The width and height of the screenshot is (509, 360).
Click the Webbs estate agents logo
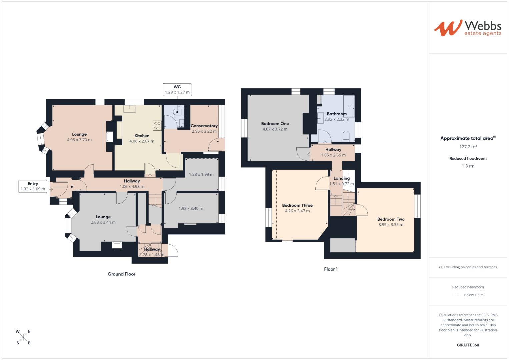point(467,28)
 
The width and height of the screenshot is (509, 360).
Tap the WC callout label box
point(177,90)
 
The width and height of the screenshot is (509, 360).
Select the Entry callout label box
point(33,186)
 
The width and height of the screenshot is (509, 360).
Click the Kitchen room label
point(142,136)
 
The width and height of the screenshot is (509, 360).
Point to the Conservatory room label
point(204,126)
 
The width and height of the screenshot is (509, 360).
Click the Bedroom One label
point(275,124)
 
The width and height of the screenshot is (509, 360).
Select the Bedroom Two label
point(391,219)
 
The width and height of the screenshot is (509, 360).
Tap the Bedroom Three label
point(297,206)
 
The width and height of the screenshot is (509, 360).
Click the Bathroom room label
point(337,114)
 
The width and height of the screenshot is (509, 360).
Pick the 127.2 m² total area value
point(468,147)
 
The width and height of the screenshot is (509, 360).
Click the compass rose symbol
point(23,337)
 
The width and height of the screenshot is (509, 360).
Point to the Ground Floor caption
point(121,274)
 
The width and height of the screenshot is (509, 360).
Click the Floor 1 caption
point(331,269)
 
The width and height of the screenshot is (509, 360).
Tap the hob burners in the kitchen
point(157,126)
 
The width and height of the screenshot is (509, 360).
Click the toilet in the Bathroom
point(346,136)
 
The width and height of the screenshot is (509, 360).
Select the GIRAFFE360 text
point(468,345)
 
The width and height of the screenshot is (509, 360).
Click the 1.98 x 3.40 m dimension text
point(191,208)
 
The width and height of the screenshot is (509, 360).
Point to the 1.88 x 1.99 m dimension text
point(201,174)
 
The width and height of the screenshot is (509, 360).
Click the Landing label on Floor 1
point(342,178)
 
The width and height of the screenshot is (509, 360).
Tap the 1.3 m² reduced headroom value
point(468,166)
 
